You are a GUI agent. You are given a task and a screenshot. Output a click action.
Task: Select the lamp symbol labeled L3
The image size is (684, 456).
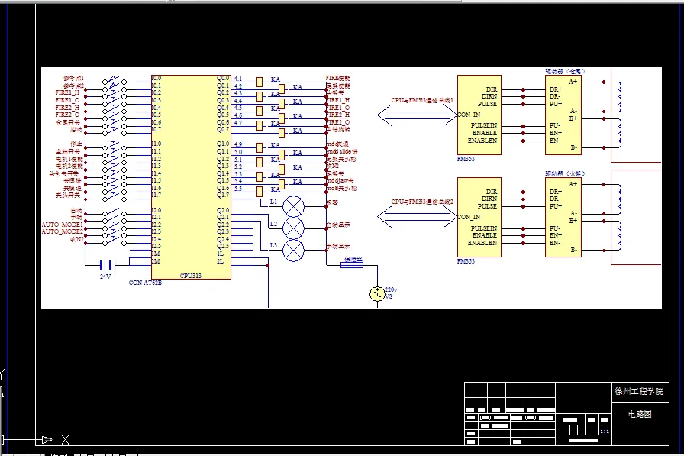point(294,250)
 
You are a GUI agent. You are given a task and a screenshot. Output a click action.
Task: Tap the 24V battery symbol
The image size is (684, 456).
point(106,264)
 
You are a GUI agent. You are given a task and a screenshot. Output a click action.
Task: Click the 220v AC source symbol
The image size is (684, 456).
point(376,294)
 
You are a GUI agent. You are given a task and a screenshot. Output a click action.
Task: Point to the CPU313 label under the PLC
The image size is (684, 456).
point(191,276)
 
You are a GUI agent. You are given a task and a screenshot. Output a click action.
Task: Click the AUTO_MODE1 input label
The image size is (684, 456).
point(62,225)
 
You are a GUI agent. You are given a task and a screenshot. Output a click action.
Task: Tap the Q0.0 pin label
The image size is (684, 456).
point(223,78)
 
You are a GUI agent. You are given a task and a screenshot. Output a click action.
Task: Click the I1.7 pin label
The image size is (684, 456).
point(156,195)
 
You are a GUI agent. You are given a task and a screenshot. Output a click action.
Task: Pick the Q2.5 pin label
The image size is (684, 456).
point(223,246)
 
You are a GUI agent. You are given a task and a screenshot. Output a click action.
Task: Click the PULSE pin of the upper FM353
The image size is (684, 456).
point(487,104)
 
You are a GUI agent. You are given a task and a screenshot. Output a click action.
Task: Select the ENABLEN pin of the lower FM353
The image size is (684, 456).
point(482,243)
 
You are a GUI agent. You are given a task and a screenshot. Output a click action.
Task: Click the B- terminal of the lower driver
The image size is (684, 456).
point(573,250)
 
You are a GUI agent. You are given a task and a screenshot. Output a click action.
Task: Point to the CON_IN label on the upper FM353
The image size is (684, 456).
point(469,115)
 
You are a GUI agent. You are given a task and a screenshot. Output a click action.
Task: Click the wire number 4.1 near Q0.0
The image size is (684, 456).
point(238,79)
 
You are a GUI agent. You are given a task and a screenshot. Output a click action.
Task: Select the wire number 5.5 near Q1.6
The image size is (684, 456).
point(238,189)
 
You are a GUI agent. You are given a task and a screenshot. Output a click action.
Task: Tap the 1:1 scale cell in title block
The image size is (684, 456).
point(605,432)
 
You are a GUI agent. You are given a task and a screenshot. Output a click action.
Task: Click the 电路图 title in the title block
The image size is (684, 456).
point(640,413)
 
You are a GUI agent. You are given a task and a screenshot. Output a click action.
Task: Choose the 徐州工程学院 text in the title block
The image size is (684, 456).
point(639,391)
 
